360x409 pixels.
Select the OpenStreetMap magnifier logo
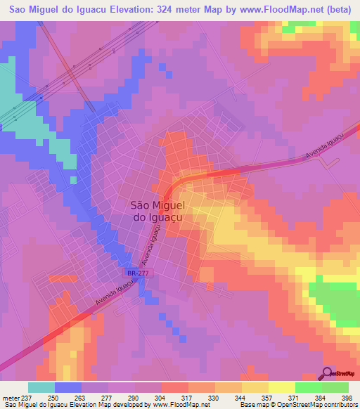click(328, 373)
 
